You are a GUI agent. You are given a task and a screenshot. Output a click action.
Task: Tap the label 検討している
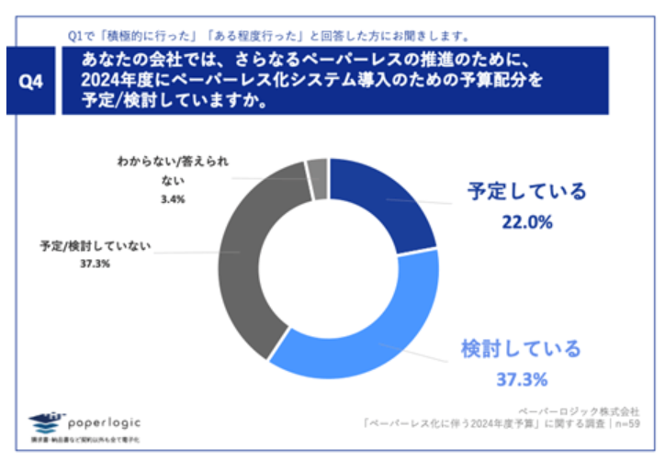tap(521, 349)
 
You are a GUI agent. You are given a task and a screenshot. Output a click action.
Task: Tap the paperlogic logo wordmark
tap(107, 420)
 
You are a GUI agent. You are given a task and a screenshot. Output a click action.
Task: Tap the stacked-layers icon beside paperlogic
tap(48, 423)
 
